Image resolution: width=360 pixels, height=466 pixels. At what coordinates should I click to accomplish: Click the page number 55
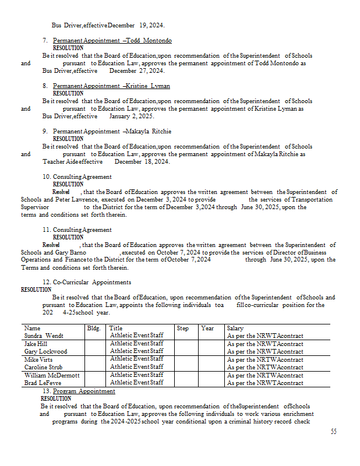pos(333,432)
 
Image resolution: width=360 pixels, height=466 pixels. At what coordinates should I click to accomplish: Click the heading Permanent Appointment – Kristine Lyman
pos(111,86)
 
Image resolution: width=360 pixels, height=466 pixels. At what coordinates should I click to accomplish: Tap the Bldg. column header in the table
pos(94,329)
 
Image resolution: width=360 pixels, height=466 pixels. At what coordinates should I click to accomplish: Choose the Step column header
pos(183,329)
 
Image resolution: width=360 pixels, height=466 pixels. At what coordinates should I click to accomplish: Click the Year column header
pos(207,329)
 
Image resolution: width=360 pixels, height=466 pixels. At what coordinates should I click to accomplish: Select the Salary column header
pos(235,329)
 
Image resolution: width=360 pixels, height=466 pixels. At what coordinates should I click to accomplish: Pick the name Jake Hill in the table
pos(36,344)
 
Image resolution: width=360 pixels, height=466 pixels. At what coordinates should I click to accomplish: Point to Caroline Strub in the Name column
pos(43,368)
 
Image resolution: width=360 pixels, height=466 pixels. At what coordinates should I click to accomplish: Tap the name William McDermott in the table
pos(51,375)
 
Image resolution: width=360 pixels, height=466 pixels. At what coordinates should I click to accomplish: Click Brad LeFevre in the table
pos(43,383)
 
